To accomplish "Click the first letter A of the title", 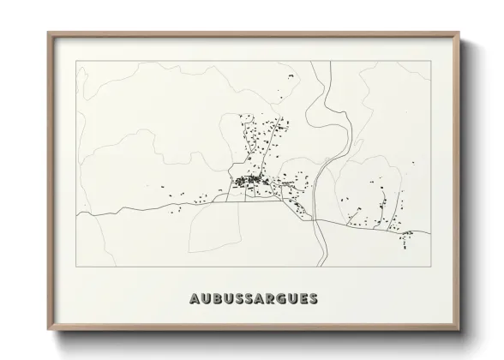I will tap(189, 299).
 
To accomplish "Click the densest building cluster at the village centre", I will tap(249, 181).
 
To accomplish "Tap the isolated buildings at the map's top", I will tap(288, 77).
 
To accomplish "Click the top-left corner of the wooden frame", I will tap(48, 33).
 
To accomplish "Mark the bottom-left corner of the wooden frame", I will tap(48, 330).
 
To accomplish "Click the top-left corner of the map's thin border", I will tap(77, 61).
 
